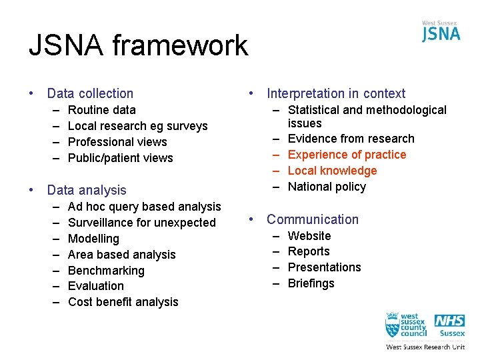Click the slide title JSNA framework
[138, 46]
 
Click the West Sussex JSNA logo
[441, 31]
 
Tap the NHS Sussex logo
[450, 326]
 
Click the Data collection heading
[90, 94]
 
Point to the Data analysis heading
[87, 191]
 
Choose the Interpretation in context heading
[336, 94]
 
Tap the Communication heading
[313, 219]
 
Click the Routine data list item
[102, 110]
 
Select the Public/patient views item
[121, 158]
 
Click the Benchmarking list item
[106, 271]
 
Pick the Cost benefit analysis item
[123, 302]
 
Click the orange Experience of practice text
[347, 155]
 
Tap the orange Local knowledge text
[332, 171]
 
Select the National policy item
[327, 187]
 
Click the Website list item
[309, 236]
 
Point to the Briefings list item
[311, 283]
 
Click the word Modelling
[93, 239]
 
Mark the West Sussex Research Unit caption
[425, 347]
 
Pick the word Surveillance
[100, 223]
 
